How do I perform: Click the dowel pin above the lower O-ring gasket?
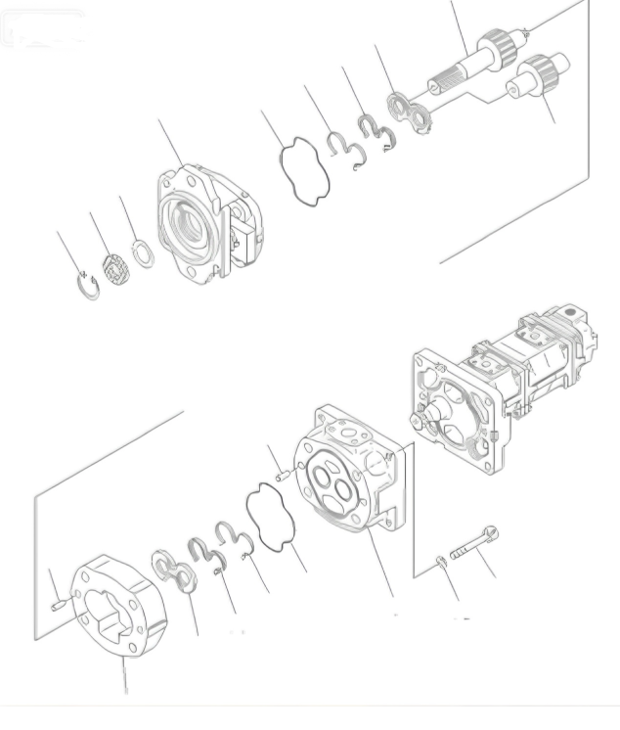click(283, 477)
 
